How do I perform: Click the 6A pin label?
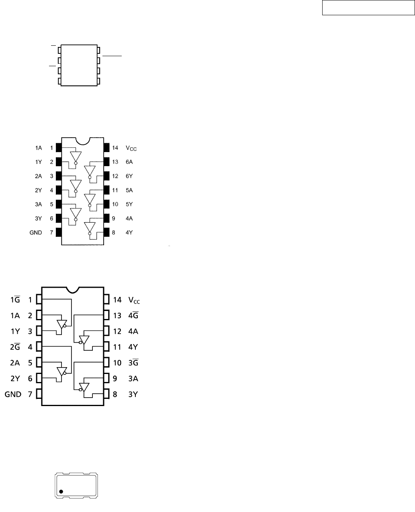[x=129, y=162]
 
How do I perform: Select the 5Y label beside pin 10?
[x=129, y=204]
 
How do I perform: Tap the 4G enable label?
[x=133, y=315]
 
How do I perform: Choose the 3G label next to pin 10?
[x=133, y=363]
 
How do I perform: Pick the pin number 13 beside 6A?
[x=115, y=162]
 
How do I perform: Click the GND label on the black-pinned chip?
[x=36, y=233]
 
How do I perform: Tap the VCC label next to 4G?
[x=134, y=300]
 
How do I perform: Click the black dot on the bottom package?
[x=61, y=492]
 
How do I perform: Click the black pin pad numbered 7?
[x=58, y=232]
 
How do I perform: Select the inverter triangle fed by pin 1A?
[x=75, y=156]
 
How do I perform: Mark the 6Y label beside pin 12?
[x=129, y=176]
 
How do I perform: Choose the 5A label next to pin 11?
[x=129, y=190]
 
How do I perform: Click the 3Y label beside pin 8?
[x=133, y=394]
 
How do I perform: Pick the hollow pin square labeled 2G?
[x=39, y=347]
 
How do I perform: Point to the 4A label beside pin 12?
[x=133, y=331]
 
